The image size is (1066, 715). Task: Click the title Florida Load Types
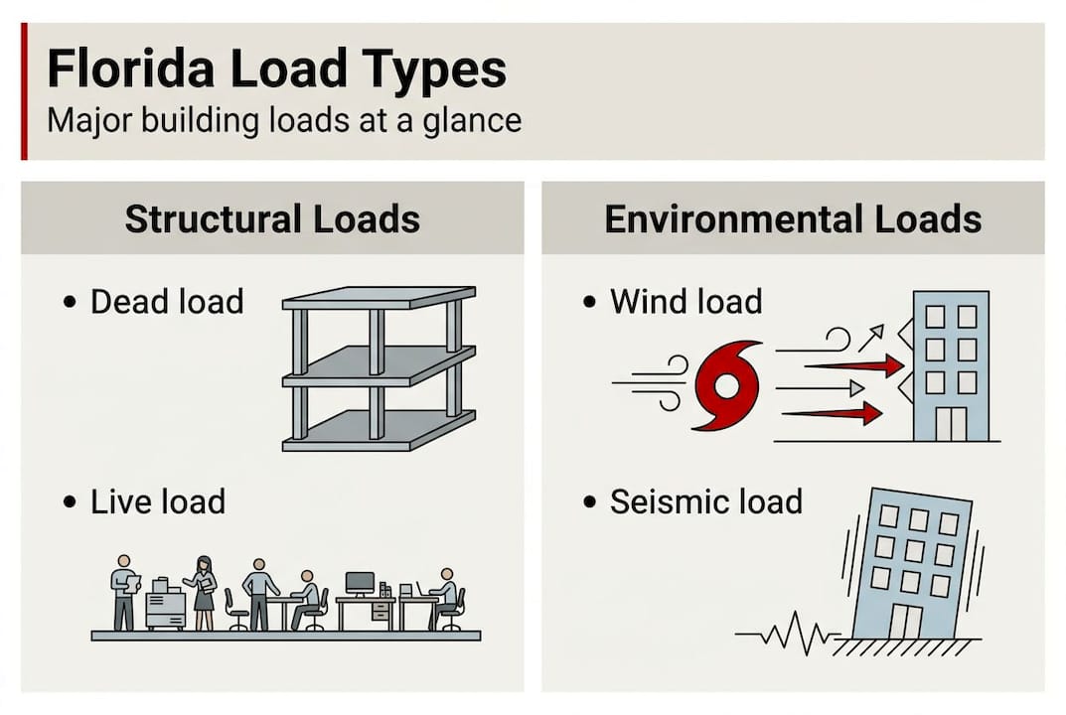click(276, 71)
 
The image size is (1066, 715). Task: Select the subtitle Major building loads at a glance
click(284, 121)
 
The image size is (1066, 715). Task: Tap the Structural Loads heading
click(272, 218)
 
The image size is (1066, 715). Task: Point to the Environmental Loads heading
click(793, 218)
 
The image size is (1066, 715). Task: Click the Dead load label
click(167, 302)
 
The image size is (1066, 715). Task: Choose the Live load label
click(158, 501)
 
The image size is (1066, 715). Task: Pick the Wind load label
click(686, 302)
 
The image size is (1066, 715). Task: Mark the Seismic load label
click(706, 501)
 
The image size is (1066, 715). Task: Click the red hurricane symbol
click(727, 385)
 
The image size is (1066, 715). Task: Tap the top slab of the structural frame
click(379, 298)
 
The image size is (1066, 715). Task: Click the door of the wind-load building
click(951, 424)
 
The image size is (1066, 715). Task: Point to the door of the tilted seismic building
click(906, 622)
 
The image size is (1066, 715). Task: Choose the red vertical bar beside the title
click(24, 91)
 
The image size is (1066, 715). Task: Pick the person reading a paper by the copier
click(124, 593)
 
